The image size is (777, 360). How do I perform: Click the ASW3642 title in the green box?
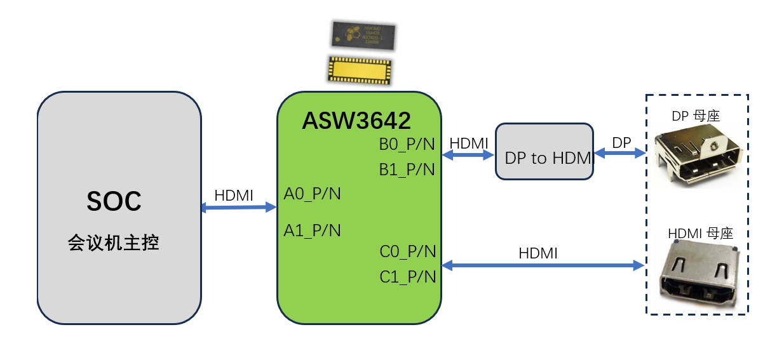coord(356,120)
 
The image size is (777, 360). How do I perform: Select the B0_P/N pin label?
coord(407,144)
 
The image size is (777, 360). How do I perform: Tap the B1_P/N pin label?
coord(407,170)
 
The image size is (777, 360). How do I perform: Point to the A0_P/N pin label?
coord(312,194)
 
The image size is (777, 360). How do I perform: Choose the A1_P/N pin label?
coord(312,230)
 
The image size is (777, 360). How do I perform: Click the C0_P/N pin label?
coord(408,252)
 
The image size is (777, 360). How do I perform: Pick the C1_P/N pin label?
coord(408,277)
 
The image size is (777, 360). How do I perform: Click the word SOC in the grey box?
coord(114,201)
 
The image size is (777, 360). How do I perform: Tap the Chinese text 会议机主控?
coord(114,243)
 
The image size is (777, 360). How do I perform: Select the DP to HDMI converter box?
coord(544,152)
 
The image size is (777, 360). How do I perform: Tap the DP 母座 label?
coord(695,116)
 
